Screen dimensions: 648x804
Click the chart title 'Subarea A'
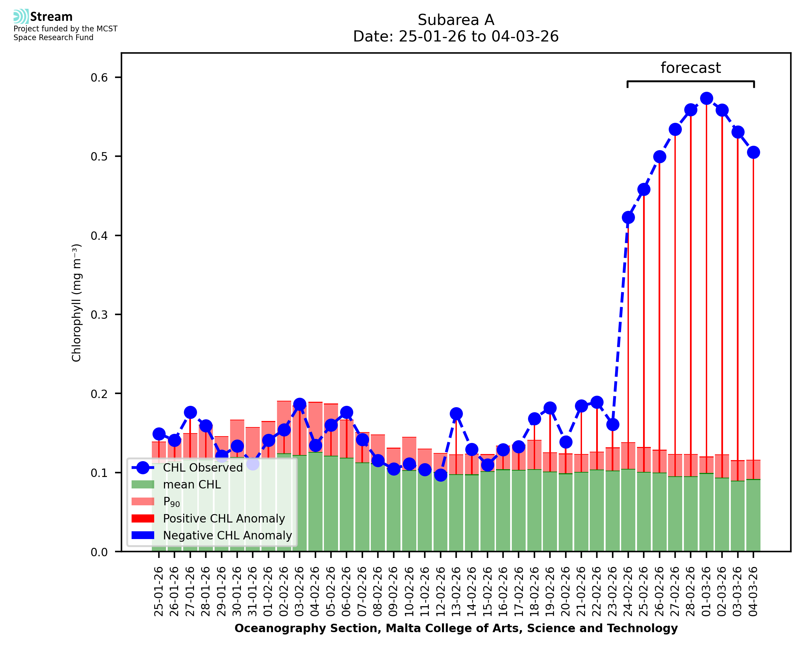tap(455, 20)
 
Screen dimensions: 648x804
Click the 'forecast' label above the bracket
tap(690, 68)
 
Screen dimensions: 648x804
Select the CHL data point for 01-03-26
tap(706, 98)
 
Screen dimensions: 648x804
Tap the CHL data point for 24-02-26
tap(628, 218)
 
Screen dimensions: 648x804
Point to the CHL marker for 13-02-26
tap(456, 414)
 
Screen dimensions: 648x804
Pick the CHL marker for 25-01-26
tap(159, 434)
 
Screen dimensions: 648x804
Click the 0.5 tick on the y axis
tap(99, 157)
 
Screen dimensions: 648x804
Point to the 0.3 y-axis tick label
tap(99, 315)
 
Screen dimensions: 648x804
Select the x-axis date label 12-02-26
tap(440, 592)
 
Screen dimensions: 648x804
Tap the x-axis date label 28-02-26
tap(690, 592)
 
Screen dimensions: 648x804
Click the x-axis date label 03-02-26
tap(300, 592)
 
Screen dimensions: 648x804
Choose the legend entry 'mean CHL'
tap(192, 484)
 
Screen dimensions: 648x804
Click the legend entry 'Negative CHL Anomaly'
tap(227, 535)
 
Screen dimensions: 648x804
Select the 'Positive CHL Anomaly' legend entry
tap(224, 518)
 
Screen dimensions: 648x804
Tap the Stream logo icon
tap(21, 17)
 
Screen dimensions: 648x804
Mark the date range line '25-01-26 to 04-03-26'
tap(455, 36)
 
